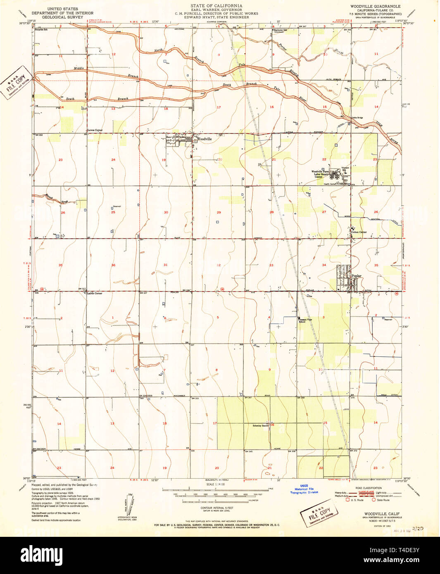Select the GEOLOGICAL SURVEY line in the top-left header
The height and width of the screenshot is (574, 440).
coord(62,18)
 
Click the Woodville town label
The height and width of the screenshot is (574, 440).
coord(204,139)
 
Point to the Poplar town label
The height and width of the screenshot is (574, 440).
coord(356,276)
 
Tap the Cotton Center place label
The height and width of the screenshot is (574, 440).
coord(359,232)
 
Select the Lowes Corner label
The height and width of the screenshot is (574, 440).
coord(95,130)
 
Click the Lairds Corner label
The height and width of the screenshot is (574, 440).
coord(95,293)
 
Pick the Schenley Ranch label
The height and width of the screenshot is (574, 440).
coord(261,425)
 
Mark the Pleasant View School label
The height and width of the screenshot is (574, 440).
coord(305,320)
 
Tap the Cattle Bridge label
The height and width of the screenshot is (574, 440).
coord(357,118)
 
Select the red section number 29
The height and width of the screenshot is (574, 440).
coord(219,212)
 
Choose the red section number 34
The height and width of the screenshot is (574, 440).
coord(324,265)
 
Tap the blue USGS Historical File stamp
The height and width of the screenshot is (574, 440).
coord(304,489)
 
